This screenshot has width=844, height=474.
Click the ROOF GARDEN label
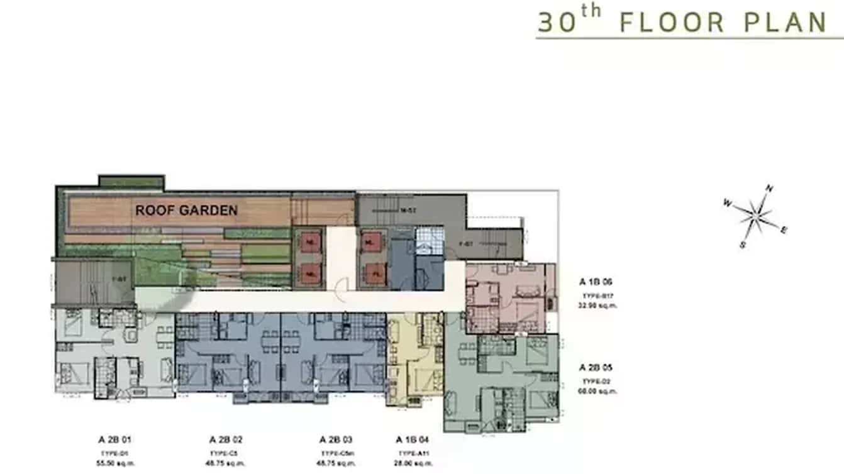[x=186, y=211]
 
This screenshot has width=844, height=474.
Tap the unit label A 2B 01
[x=114, y=439]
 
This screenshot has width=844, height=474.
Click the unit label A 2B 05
[x=596, y=368]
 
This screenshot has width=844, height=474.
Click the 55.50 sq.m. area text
[x=114, y=464]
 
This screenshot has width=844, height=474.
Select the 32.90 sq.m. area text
[x=596, y=306]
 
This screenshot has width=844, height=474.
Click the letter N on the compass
[x=769, y=189]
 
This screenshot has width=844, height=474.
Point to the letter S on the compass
[x=743, y=245]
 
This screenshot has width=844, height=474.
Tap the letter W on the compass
[x=727, y=203]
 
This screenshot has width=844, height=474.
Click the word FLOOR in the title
[x=672, y=23]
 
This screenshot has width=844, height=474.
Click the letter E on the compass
[x=784, y=230]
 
